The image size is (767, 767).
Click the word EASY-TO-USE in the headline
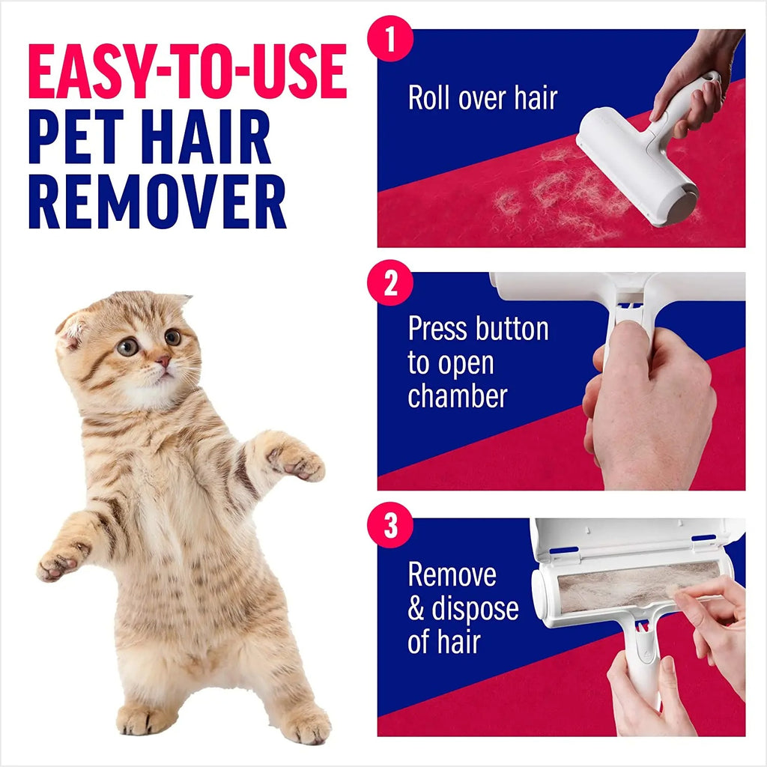[187, 72]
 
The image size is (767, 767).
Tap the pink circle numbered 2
[390, 285]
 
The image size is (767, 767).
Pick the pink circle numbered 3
[390, 527]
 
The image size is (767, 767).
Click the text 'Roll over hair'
[482, 98]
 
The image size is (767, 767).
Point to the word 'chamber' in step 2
[457, 395]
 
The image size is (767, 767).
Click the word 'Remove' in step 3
[452, 575]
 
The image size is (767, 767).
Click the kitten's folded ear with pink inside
[73, 330]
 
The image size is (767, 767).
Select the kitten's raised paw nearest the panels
[300, 463]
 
